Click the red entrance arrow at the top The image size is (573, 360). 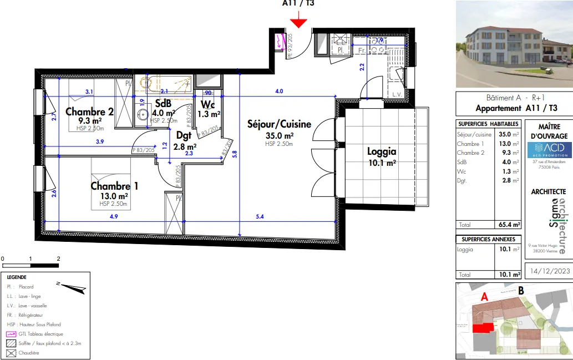(x=298, y=22)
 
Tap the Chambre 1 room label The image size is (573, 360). (x=114, y=186)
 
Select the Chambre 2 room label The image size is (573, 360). (x=89, y=111)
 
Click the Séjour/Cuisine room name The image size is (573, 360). (x=279, y=124)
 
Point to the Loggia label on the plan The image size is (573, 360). (x=382, y=151)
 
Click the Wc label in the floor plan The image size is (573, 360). (x=208, y=104)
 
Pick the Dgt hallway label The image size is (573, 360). (x=184, y=135)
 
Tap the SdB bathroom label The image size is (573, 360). (x=163, y=104)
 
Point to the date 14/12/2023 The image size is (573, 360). (x=550, y=271)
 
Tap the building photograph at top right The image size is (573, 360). (x=514, y=44)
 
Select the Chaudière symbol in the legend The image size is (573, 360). (x=10, y=353)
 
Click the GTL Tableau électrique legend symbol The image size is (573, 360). (x=10, y=334)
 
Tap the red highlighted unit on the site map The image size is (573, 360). (x=482, y=328)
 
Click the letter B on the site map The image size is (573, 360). (x=521, y=290)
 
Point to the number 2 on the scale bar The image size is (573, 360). (x=58, y=258)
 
